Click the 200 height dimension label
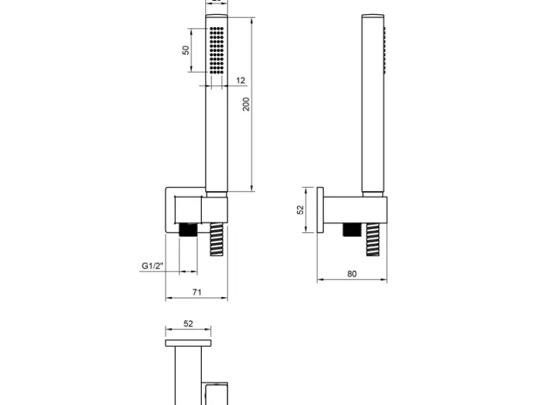pos(246,104)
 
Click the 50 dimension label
pos(186,50)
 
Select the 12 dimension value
pos(241,80)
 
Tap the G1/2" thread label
pos(153,266)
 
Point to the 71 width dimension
pos(196,292)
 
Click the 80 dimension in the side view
pos(352,274)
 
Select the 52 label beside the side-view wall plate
pos(300,210)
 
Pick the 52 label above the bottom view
pos(188,324)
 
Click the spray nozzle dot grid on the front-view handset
pos(217,51)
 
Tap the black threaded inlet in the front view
pos(188,230)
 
